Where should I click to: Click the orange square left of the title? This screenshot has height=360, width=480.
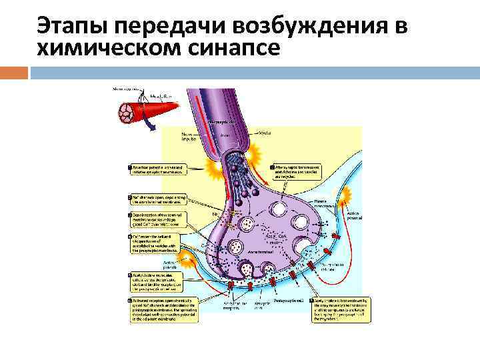coord(14,71)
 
